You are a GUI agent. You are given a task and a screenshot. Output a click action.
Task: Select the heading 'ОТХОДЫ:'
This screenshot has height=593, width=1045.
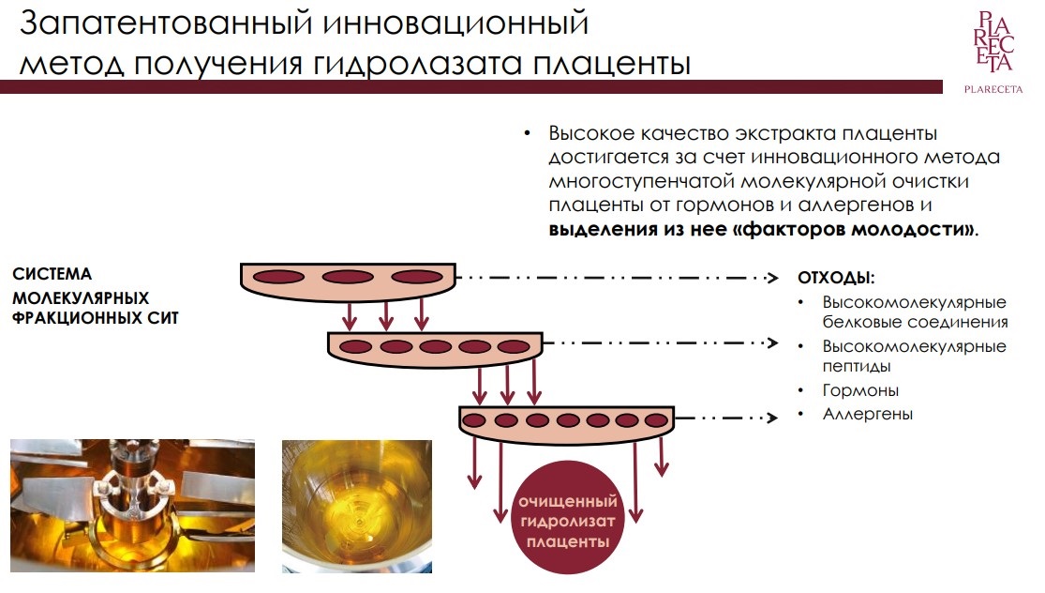tap(836, 278)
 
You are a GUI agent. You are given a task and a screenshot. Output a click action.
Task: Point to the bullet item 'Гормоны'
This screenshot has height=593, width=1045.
tap(860, 390)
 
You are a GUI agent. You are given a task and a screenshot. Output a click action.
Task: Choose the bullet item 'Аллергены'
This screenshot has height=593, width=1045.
tap(867, 414)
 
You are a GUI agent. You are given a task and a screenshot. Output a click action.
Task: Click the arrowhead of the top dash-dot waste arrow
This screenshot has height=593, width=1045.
tap(773, 278)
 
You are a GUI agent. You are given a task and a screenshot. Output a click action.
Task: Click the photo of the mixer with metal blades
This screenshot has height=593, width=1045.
tap(132, 506)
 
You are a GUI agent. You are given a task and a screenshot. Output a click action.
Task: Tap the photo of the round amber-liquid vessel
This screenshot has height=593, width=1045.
tap(357, 506)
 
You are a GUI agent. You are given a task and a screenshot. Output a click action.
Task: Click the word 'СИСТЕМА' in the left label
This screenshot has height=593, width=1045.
tap(52, 274)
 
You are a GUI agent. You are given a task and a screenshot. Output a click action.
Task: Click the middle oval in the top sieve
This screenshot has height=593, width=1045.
tap(348, 276)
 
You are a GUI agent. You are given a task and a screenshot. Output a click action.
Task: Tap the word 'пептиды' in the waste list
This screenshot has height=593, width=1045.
tap(857, 367)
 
